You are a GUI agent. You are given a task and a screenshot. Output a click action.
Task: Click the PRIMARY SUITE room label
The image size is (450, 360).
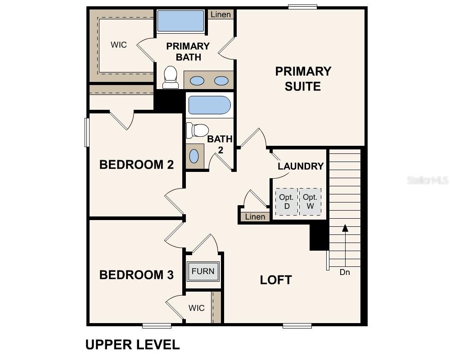(303, 79)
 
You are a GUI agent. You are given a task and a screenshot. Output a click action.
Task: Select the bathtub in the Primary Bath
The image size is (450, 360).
(180, 21)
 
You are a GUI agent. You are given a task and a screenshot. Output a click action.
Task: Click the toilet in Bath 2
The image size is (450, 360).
(197, 130)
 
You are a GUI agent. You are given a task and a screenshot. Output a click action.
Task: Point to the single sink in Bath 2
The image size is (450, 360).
(194, 156)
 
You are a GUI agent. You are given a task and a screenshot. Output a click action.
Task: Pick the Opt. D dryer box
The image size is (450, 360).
(286, 202)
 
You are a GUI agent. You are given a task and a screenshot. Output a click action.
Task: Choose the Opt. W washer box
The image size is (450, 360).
(310, 202)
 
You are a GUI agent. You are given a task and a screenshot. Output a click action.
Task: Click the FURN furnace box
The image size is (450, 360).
(203, 271)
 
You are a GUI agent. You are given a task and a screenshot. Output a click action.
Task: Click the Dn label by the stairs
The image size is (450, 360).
(345, 272)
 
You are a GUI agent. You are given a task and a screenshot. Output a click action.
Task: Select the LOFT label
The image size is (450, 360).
(276, 280)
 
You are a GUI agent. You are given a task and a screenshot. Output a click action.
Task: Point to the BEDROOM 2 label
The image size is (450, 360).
(136, 165)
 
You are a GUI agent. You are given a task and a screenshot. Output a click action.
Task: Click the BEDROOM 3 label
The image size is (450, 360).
(136, 275)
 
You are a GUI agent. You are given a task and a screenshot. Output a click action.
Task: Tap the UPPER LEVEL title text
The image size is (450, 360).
(133, 345)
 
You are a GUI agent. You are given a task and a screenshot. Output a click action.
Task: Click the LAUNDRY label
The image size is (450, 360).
(301, 166)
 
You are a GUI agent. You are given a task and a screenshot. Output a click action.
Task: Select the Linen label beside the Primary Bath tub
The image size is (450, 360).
(220, 14)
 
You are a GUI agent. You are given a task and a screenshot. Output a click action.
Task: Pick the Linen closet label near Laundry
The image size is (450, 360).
(255, 217)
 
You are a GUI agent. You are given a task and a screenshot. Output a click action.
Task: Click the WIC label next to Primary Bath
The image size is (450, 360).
(119, 45)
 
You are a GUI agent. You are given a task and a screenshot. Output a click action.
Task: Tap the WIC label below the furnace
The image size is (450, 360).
(197, 308)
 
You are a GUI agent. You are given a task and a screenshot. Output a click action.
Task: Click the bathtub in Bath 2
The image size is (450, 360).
(209, 105)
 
